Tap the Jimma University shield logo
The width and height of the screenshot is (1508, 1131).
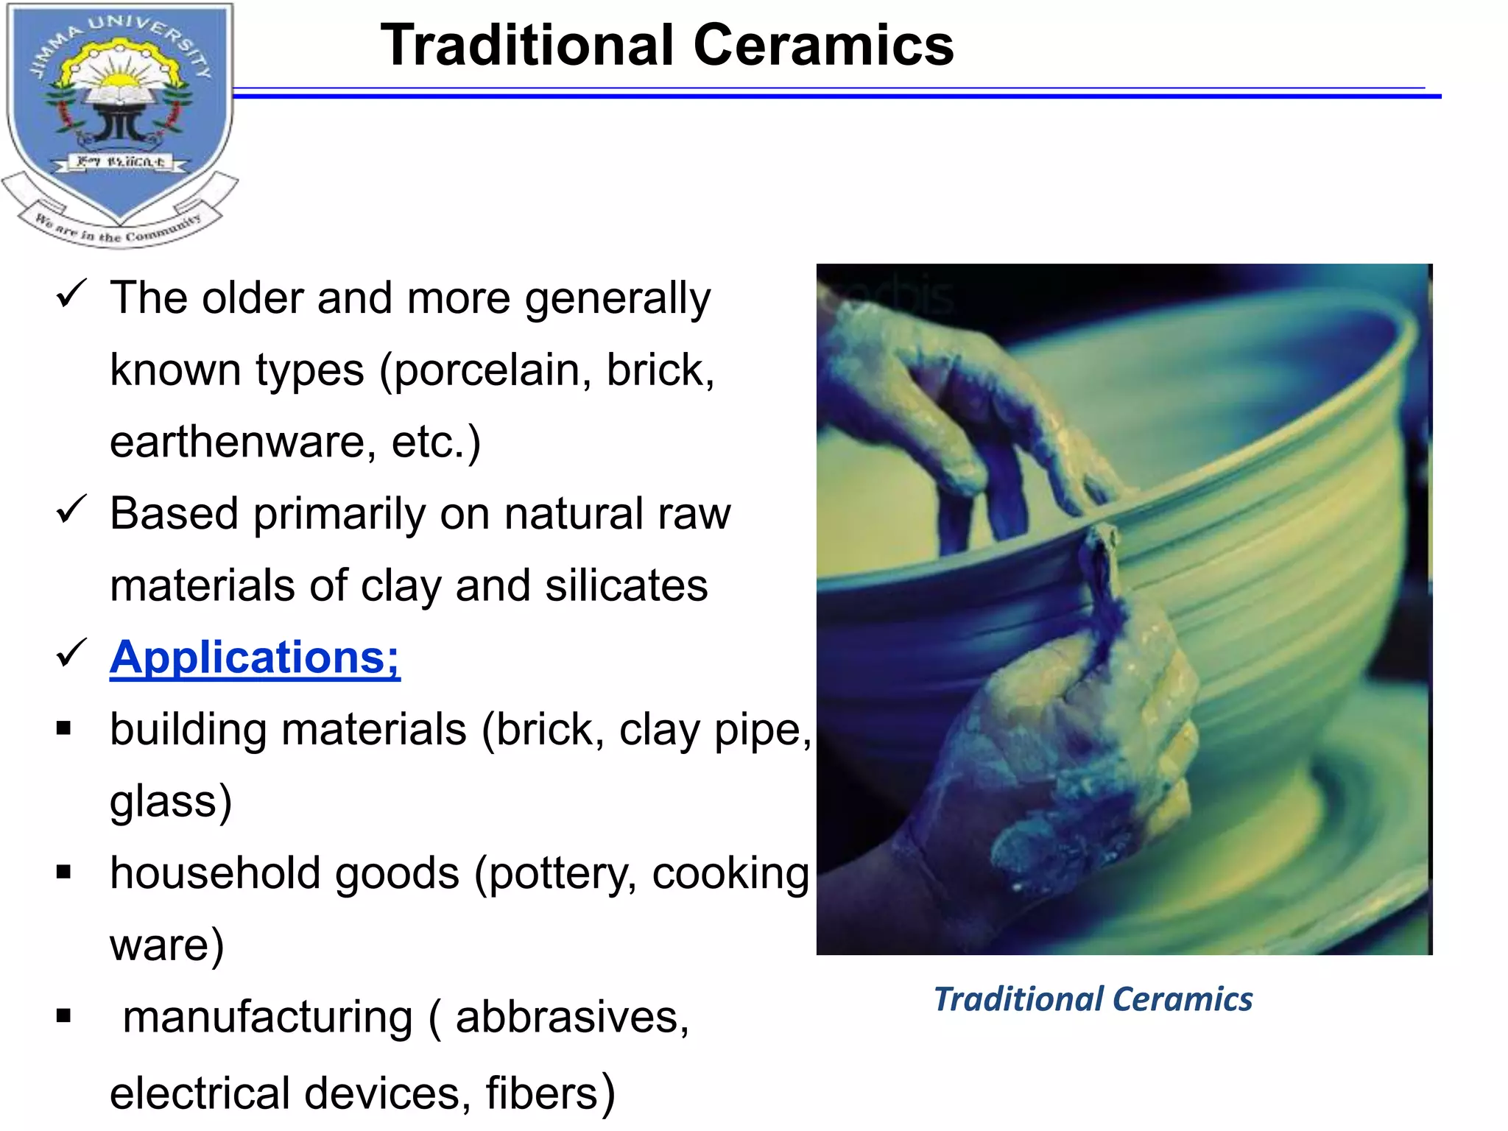click(119, 110)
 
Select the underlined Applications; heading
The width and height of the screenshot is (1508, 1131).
click(255, 657)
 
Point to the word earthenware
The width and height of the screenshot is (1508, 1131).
click(242, 442)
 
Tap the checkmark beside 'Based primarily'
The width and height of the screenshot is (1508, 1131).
click(71, 510)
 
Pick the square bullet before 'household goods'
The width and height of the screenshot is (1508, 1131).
click(64, 873)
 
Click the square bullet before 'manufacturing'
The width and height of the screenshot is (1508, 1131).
click(64, 1016)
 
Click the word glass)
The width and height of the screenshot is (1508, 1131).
click(171, 801)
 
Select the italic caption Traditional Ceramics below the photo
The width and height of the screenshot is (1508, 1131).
click(1093, 999)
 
